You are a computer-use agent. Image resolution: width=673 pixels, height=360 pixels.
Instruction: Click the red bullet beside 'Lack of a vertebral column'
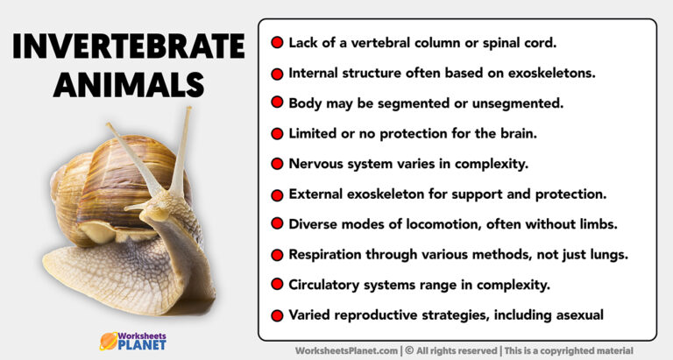tap(277, 42)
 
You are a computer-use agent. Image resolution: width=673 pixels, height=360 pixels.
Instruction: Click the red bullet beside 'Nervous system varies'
tap(277, 164)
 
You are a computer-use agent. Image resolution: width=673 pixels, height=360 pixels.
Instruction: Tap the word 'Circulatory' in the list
tap(328, 284)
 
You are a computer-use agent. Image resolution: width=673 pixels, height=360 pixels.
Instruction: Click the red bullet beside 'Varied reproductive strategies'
tap(277, 315)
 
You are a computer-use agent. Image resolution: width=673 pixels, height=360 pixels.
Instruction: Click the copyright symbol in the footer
tap(409, 349)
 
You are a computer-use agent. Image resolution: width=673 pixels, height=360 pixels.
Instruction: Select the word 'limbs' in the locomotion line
tap(599, 224)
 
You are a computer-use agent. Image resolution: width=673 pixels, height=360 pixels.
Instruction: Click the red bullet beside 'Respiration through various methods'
tap(277, 255)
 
